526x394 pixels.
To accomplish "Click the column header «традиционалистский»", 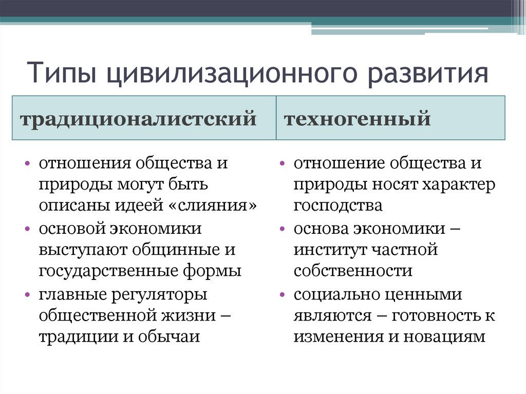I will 138,119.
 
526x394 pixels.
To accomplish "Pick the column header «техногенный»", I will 357,119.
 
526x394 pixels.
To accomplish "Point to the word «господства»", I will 338,205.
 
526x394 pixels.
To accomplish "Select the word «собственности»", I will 353,271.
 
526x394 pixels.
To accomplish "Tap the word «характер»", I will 459,184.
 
